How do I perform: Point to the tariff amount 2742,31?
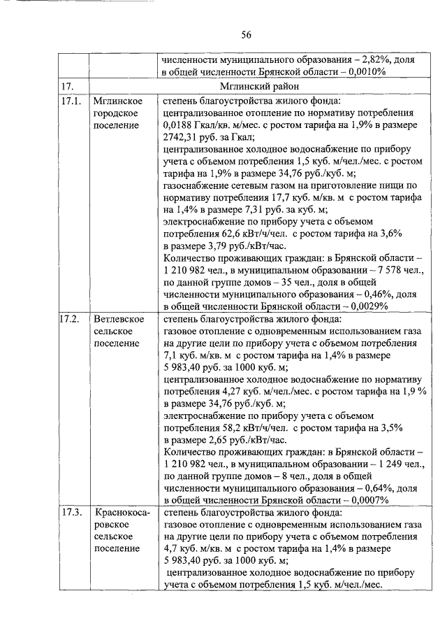click(180, 137)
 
